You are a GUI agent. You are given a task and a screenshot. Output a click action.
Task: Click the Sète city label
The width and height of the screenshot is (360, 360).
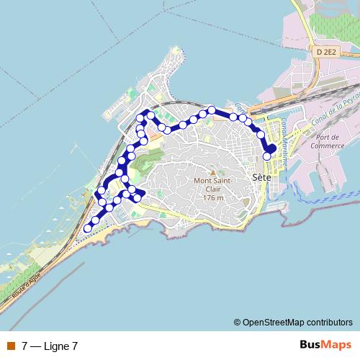click(x=261, y=176)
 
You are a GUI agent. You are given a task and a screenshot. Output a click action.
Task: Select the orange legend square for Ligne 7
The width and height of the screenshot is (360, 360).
click(x=10, y=346)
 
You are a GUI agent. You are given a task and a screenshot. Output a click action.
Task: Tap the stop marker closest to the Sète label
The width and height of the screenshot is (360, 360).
click(x=266, y=156)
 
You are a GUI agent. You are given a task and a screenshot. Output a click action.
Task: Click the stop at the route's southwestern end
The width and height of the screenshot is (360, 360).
click(x=88, y=228)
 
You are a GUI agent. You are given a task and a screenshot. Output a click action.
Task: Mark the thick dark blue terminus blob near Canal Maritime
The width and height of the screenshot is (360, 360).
click(x=271, y=148)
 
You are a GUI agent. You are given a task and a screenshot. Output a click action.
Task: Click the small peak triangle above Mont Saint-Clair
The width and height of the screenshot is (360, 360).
click(x=211, y=170)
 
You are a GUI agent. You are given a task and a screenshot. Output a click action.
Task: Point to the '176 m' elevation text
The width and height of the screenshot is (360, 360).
click(x=212, y=197)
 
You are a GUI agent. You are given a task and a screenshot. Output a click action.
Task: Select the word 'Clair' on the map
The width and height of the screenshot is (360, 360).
click(x=212, y=189)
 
